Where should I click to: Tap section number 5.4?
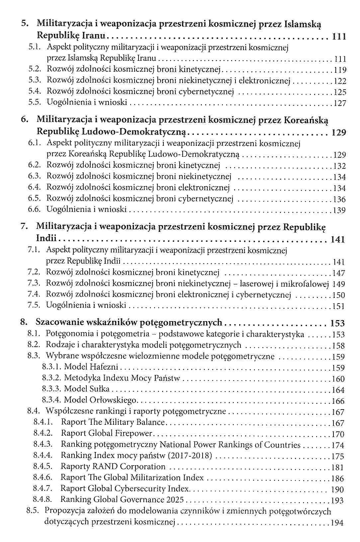pos(34,91)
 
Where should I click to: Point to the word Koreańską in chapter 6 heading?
pos(305,120)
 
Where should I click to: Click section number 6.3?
pos(34,176)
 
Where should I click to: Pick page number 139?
pos(339,211)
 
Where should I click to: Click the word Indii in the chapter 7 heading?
pos(46,238)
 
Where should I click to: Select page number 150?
pos(339,295)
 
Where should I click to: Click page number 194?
pos(337,523)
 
